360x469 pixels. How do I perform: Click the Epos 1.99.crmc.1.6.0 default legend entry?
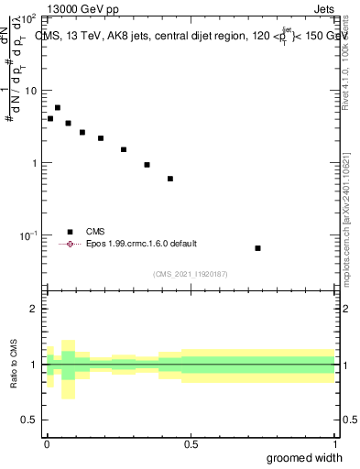(141, 244)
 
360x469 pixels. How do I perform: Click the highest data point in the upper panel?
(58, 108)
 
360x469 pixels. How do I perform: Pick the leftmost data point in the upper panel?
(50, 118)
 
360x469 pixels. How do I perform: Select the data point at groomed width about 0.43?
(170, 179)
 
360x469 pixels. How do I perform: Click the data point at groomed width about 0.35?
(147, 165)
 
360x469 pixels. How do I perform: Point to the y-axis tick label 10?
(29, 92)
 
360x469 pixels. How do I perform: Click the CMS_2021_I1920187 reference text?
(190, 274)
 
